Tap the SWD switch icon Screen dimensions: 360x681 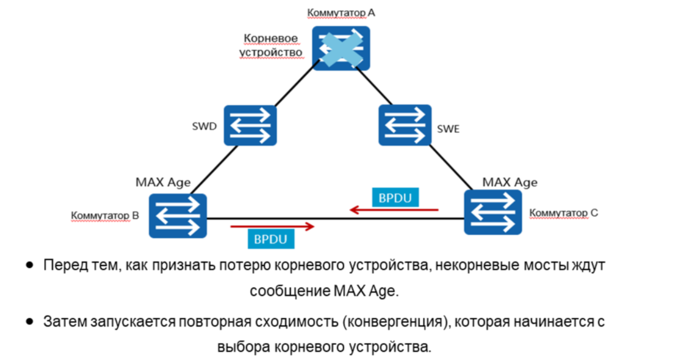(250, 125)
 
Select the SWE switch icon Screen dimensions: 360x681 (405, 125)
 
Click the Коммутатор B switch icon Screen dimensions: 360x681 (177, 216)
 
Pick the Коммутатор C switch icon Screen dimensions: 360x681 (493, 212)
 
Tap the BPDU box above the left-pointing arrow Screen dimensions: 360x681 (395, 198)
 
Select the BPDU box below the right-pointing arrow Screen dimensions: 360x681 (271, 239)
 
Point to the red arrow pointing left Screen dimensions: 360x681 (394, 210)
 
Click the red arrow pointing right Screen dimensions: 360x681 (273, 226)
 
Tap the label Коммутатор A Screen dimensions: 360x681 (341, 12)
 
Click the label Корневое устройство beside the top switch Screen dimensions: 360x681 (271, 46)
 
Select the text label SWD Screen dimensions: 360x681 (204, 127)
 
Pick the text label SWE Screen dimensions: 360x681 (449, 129)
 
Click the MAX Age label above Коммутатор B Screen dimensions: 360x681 (163, 182)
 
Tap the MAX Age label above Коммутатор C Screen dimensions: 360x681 (510, 182)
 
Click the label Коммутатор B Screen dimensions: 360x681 (105, 215)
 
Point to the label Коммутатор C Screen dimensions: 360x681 (563, 213)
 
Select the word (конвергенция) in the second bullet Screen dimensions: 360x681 (411, 322)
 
